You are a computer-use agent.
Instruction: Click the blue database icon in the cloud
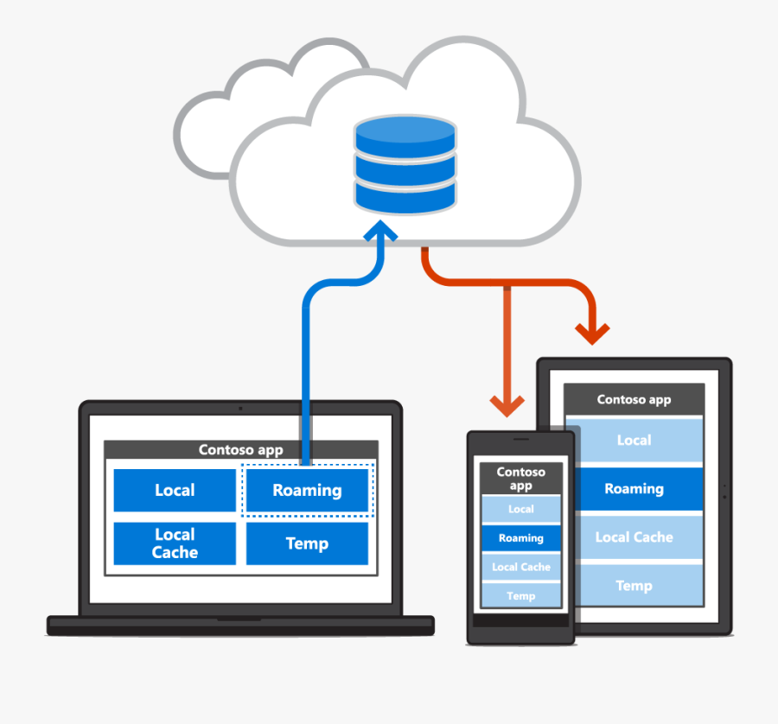pos(405,164)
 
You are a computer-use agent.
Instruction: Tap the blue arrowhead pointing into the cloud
pos(380,232)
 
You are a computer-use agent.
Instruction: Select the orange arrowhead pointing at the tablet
pos(593,333)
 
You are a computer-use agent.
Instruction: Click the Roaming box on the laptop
pos(307,491)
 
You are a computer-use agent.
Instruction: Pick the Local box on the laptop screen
pos(175,491)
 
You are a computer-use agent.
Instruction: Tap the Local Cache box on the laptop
pos(175,543)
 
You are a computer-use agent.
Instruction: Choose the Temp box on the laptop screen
pos(307,543)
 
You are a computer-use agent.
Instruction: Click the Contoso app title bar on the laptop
pos(240,449)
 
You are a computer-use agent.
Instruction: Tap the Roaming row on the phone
pos(520,538)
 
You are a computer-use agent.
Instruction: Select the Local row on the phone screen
pos(520,510)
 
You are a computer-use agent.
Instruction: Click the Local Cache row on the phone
pos(520,568)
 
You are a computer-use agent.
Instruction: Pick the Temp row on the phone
pos(520,596)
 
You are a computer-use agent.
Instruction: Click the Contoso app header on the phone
pos(520,479)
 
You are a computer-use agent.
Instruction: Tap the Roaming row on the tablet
pos(634,489)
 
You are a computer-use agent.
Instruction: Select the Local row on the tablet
pos(634,441)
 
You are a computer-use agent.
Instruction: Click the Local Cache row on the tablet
pos(634,537)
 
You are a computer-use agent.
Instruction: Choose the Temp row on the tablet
pos(634,586)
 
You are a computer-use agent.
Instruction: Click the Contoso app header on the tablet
pos(634,400)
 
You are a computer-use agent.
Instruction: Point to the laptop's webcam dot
pos(240,408)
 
